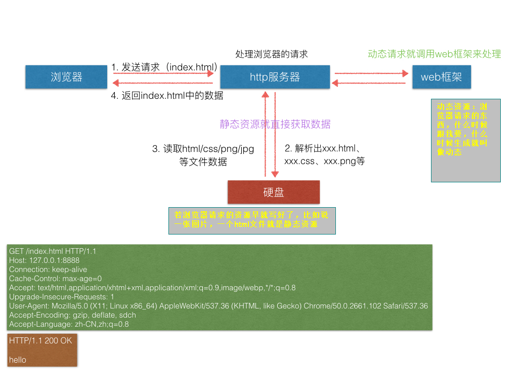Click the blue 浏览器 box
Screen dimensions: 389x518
tap(66, 77)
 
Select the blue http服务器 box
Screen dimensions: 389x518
tap(275, 77)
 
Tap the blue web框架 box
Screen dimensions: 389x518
tap(441, 77)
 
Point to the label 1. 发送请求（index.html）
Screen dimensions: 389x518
tap(164, 67)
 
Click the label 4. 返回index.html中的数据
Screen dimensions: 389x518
tap(166, 95)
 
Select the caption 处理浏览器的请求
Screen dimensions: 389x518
tap(272, 54)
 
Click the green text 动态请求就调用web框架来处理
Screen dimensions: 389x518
tap(435, 54)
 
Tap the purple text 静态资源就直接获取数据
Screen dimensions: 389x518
tap(275, 124)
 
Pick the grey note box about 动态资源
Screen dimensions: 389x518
tap(465, 140)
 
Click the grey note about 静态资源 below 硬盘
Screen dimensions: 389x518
tap(252, 220)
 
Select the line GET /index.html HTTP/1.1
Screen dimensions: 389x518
tap(53, 251)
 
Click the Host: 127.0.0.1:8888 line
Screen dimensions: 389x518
tap(44, 260)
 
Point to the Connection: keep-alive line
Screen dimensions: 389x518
tap(48, 269)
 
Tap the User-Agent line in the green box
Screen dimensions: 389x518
tap(219, 306)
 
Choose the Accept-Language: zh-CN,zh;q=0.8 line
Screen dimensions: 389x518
tap(69, 324)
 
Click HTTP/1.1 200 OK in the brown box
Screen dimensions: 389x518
tap(40, 341)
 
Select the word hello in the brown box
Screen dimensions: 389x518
tap(18, 360)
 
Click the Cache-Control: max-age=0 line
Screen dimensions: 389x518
tap(55, 279)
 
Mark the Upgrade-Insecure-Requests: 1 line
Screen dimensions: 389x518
tap(61, 297)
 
